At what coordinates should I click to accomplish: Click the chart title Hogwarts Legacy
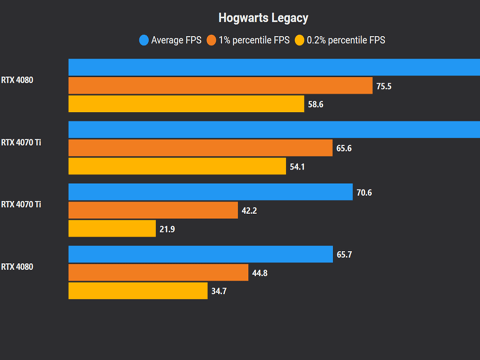(x=263, y=18)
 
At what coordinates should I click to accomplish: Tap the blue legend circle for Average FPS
(x=144, y=40)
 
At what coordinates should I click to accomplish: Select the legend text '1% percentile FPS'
(x=254, y=40)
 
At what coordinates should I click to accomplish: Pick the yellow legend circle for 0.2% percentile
(x=299, y=40)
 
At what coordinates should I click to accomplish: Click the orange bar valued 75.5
(x=220, y=85)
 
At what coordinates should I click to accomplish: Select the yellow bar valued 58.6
(x=186, y=104)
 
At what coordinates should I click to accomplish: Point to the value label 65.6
(x=344, y=148)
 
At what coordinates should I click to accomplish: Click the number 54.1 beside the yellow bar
(x=297, y=166)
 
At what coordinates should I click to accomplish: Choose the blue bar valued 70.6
(x=210, y=191)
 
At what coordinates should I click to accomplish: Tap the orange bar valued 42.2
(x=153, y=210)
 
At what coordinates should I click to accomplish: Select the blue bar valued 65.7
(x=200, y=254)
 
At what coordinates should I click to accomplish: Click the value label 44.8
(x=260, y=273)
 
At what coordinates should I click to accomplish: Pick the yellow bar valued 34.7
(x=138, y=291)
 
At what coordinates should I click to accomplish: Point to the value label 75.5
(x=383, y=86)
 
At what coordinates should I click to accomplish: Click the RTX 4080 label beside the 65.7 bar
(x=17, y=267)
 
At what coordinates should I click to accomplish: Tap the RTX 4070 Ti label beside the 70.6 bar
(x=20, y=204)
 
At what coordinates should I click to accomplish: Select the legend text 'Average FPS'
(x=176, y=40)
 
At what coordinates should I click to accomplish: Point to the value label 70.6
(x=364, y=192)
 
